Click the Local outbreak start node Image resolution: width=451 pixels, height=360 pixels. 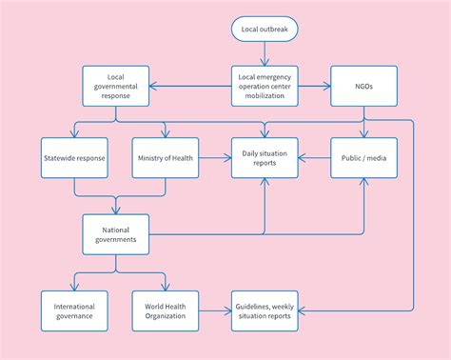click(265, 30)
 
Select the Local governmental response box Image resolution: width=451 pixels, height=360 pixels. click(116, 86)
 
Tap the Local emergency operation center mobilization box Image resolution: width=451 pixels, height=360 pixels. click(265, 86)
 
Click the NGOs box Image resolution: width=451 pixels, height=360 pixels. click(363, 86)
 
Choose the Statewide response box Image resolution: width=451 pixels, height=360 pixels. click(74, 157)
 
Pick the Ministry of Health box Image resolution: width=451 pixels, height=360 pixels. click(166, 157)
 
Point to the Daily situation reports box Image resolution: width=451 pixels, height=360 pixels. click(265, 157)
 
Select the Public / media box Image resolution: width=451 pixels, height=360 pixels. click(363, 157)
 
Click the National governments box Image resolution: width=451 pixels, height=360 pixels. click(116, 233)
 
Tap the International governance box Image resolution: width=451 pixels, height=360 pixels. click(74, 310)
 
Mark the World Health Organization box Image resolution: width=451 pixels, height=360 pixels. click(166, 310)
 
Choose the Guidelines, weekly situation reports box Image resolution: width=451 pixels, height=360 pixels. click(265, 310)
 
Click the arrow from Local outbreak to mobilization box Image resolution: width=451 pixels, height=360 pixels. click(265, 54)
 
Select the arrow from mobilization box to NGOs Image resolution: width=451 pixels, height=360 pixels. click(313, 86)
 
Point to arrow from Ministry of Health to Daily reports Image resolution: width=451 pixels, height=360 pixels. click(214, 157)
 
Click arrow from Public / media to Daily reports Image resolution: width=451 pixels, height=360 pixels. click(314, 157)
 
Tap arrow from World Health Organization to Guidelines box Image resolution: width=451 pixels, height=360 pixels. click(214, 310)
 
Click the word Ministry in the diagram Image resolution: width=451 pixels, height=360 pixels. click(150, 157)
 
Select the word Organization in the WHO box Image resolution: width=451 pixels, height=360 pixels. click(166, 315)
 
